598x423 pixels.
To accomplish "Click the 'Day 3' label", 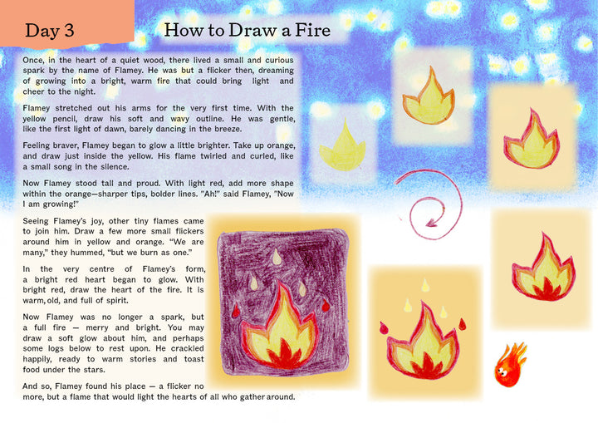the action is [50, 31].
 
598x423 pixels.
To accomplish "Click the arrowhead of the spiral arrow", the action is [432, 222].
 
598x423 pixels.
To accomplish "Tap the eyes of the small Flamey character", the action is [502, 370].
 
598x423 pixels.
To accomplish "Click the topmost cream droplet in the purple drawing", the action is [277, 257].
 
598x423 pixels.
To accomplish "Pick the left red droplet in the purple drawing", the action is [236, 311].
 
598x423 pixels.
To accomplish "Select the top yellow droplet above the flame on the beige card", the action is [425, 285].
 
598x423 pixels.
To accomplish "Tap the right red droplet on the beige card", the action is [463, 324].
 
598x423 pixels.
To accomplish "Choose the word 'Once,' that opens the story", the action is [33, 61].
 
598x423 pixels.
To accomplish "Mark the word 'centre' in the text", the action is [102, 269].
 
